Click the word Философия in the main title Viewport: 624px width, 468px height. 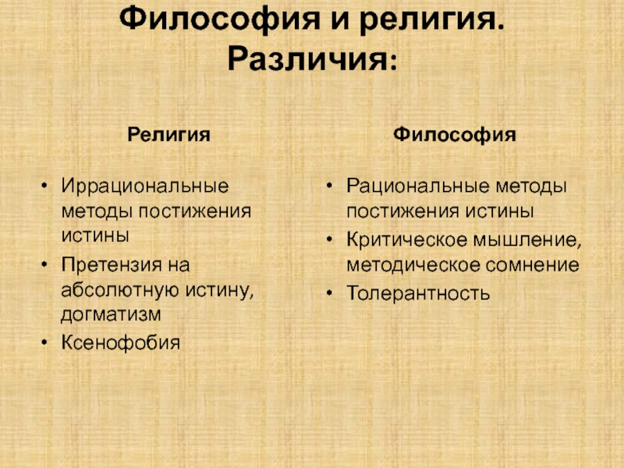[220, 19]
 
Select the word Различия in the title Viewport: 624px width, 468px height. [307, 59]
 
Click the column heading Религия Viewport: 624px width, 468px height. [168, 135]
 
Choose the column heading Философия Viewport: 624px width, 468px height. [455, 134]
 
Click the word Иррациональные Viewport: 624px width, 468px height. [145, 186]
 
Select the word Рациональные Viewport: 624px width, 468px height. [418, 186]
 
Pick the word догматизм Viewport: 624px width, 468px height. [111, 314]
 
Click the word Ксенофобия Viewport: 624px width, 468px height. [121, 342]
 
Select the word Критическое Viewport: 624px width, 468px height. [407, 240]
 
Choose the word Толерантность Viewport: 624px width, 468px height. [418, 293]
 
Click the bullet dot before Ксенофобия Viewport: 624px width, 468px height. [44, 342]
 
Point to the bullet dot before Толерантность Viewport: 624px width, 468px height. [329, 294]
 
